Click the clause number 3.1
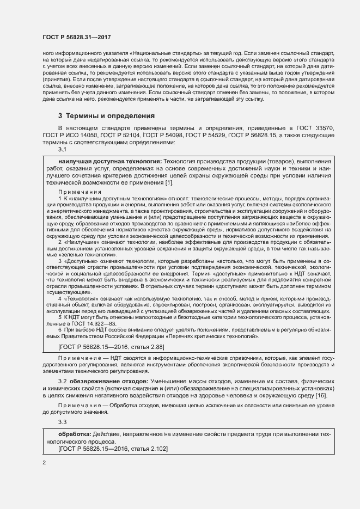point(63,150)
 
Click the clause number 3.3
point(63,422)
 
